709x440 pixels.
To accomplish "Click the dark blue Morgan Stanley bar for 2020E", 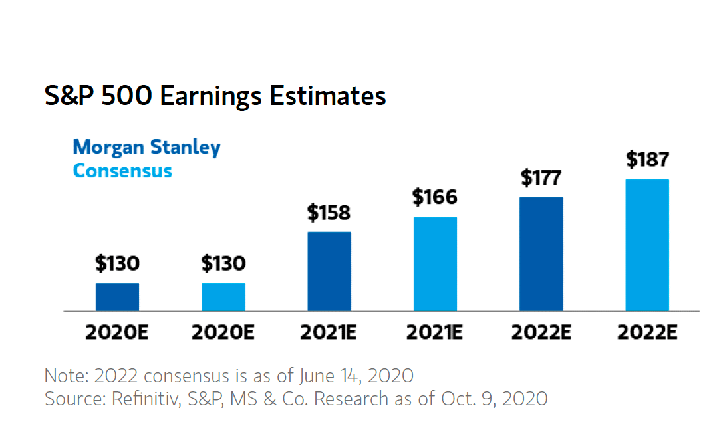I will (x=117, y=297).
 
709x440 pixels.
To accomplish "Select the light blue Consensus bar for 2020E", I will (x=223, y=297).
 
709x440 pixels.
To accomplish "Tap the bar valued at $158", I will (x=329, y=271).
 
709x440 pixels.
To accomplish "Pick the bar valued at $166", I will (x=435, y=264).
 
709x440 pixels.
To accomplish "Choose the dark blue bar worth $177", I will (x=541, y=254).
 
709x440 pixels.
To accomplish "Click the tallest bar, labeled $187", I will (x=646, y=245).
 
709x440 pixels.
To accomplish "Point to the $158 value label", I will (x=329, y=213).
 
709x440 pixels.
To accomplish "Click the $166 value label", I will (x=435, y=197).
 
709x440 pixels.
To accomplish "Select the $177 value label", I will (x=541, y=178).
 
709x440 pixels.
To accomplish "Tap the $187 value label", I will (x=646, y=160).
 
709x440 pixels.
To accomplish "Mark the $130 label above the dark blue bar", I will (x=117, y=264).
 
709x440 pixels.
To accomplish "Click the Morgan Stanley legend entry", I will (x=146, y=147).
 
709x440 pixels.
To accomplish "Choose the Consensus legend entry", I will (x=122, y=171).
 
